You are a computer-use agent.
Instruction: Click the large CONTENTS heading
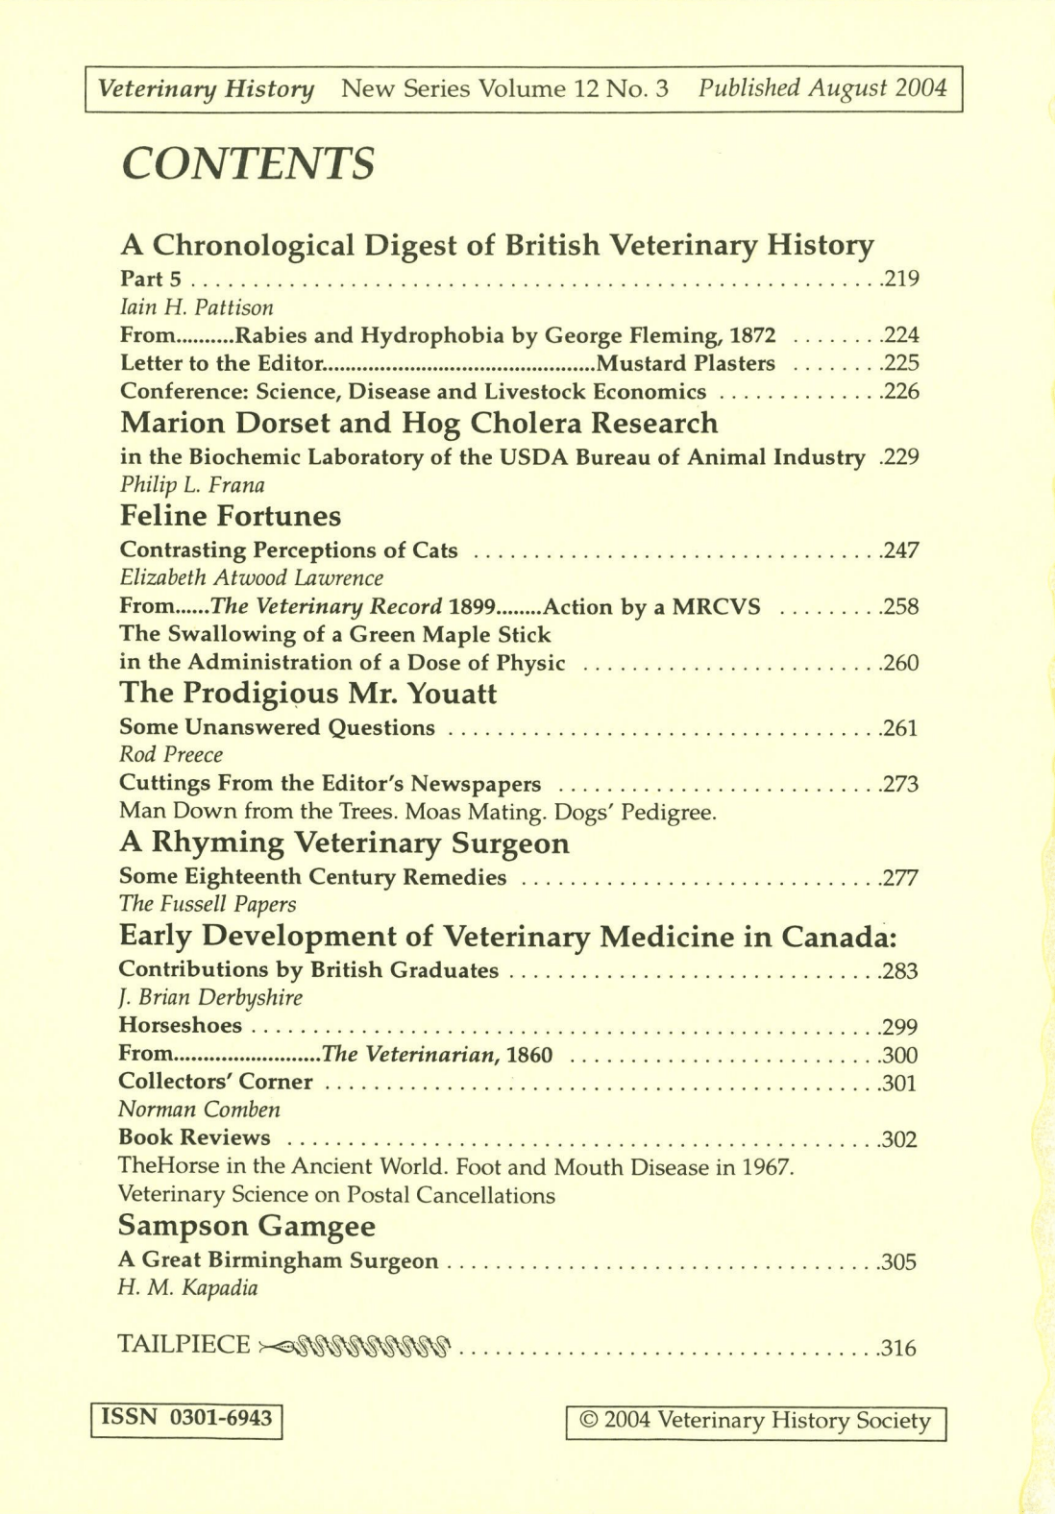point(248,164)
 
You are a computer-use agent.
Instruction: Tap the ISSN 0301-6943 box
point(186,1418)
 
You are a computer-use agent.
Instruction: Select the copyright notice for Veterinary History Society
point(756,1422)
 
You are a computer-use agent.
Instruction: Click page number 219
point(901,280)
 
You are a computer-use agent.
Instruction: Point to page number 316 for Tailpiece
point(898,1348)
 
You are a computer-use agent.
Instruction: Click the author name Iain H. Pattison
point(196,307)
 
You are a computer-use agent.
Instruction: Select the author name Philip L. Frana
point(192,485)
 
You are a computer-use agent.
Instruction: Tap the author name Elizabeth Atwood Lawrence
point(251,578)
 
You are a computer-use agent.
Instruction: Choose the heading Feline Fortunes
point(230,516)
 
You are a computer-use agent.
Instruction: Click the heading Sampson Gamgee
point(246,1226)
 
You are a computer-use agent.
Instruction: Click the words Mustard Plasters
point(685,363)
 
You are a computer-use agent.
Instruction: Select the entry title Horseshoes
point(180,1026)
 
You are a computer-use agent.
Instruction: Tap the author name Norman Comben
point(199,1110)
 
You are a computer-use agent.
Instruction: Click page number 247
point(901,550)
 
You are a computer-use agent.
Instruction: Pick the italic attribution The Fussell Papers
point(207,904)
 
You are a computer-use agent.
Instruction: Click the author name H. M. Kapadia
point(187,1289)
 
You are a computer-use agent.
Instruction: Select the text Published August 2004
point(822,88)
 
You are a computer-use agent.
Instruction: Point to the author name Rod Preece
point(170,755)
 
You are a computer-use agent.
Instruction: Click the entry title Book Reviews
point(194,1137)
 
